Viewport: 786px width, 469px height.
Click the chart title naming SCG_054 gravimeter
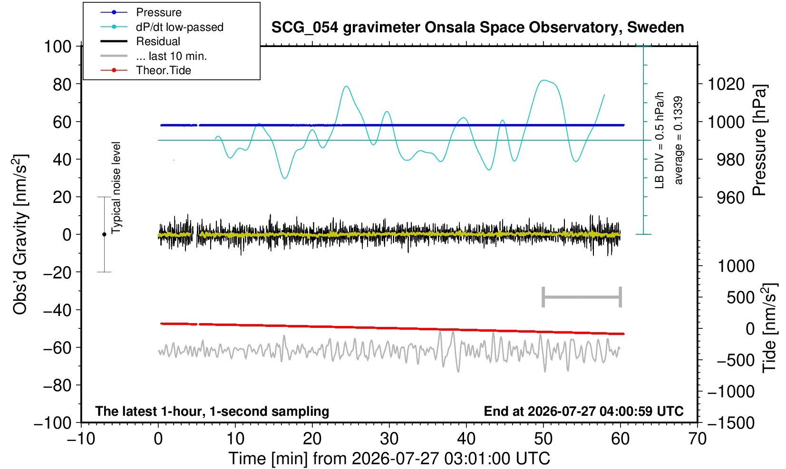(x=477, y=28)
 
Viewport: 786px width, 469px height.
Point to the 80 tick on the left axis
(x=62, y=84)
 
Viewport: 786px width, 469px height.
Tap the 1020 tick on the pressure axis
(x=726, y=84)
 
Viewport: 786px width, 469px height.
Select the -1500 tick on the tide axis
(x=730, y=423)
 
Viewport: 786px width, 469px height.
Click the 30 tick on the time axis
(x=389, y=439)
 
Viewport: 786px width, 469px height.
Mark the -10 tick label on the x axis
(x=81, y=439)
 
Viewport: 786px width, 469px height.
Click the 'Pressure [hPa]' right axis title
(x=760, y=140)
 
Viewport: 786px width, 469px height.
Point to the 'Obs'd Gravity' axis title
(x=20, y=234)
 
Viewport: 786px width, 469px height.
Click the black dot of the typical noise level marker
(x=104, y=234)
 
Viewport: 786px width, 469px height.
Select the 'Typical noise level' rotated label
(x=116, y=188)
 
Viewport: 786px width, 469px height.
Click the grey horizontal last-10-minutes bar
(x=582, y=297)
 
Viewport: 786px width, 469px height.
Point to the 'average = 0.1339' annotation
(x=679, y=140)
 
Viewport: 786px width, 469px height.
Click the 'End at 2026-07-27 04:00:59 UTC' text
(x=583, y=411)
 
